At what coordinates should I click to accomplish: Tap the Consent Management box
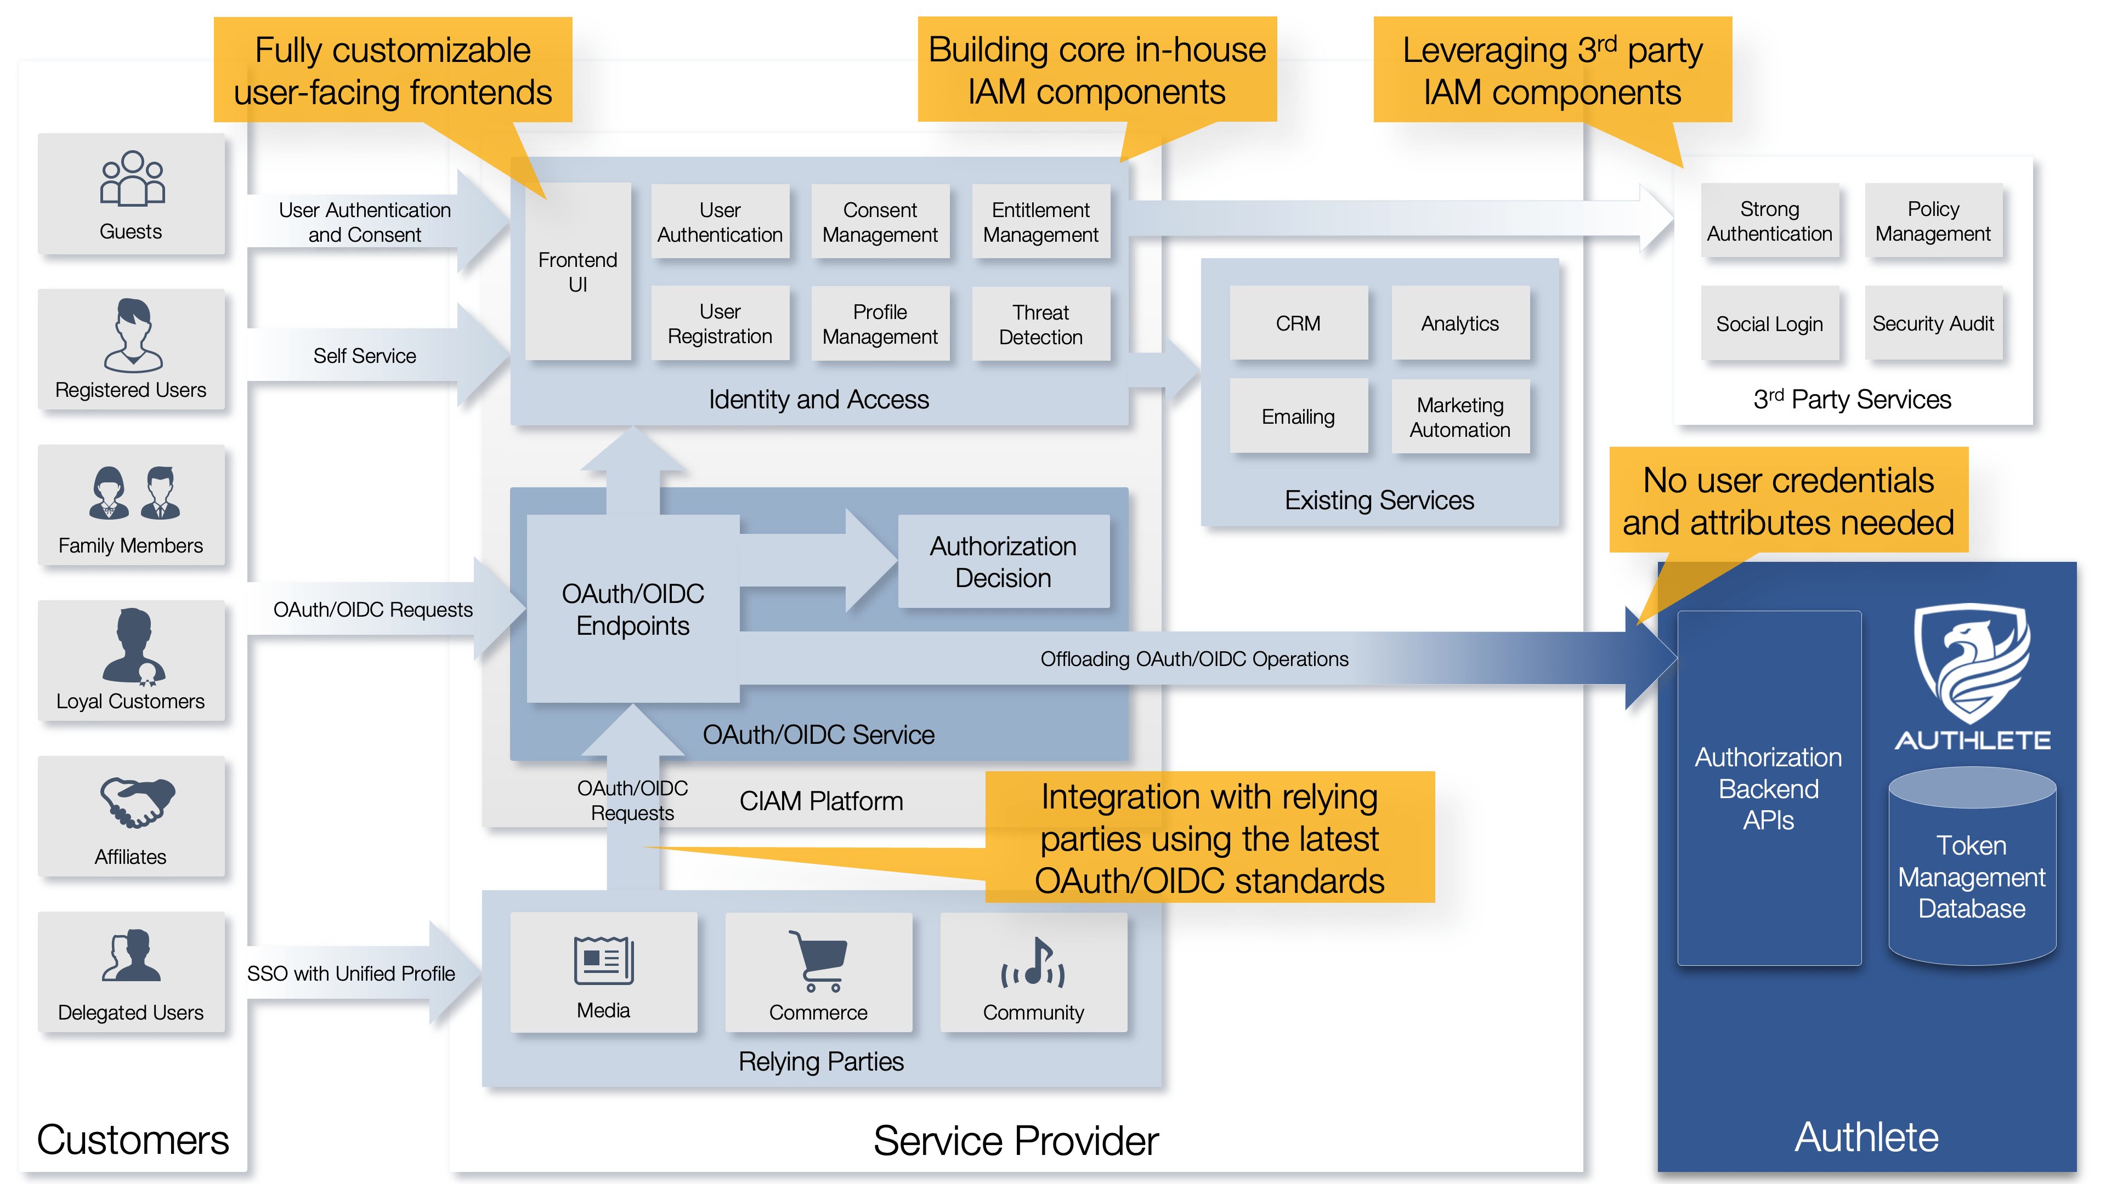click(880, 222)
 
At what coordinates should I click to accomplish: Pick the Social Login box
click(1769, 323)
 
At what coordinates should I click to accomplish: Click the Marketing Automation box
click(1459, 417)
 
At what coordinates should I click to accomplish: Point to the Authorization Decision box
click(1003, 561)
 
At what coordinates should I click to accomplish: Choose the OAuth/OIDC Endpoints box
click(633, 609)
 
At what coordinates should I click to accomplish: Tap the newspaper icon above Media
click(603, 960)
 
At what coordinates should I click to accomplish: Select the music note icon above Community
click(1033, 963)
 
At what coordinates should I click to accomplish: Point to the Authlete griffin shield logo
click(1972, 662)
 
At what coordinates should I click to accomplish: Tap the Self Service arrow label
click(365, 355)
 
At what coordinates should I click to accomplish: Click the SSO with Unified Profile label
click(351, 973)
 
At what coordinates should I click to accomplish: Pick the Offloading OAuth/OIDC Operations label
click(1193, 658)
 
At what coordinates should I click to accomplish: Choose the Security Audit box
click(1933, 323)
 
